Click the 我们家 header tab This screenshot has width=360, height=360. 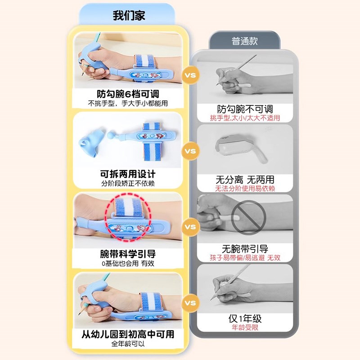(x=128, y=15)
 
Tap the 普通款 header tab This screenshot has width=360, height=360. (x=244, y=41)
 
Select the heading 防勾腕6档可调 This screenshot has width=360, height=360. (x=128, y=94)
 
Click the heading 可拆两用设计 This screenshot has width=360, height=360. (x=128, y=175)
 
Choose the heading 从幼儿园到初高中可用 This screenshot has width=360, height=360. (x=128, y=334)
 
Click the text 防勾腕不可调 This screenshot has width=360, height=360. (x=245, y=109)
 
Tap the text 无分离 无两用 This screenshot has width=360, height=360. (x=245, y=180)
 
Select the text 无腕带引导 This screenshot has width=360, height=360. (x=245, y=249)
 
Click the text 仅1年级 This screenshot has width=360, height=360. (x=245, y=319)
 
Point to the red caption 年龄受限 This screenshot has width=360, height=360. (x=245, y=328)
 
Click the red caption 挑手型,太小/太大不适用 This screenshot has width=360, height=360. (x=245, y=118)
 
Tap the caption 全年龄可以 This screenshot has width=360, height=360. (x=128, y=344)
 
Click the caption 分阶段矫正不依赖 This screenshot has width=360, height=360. (x=128, y=184)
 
